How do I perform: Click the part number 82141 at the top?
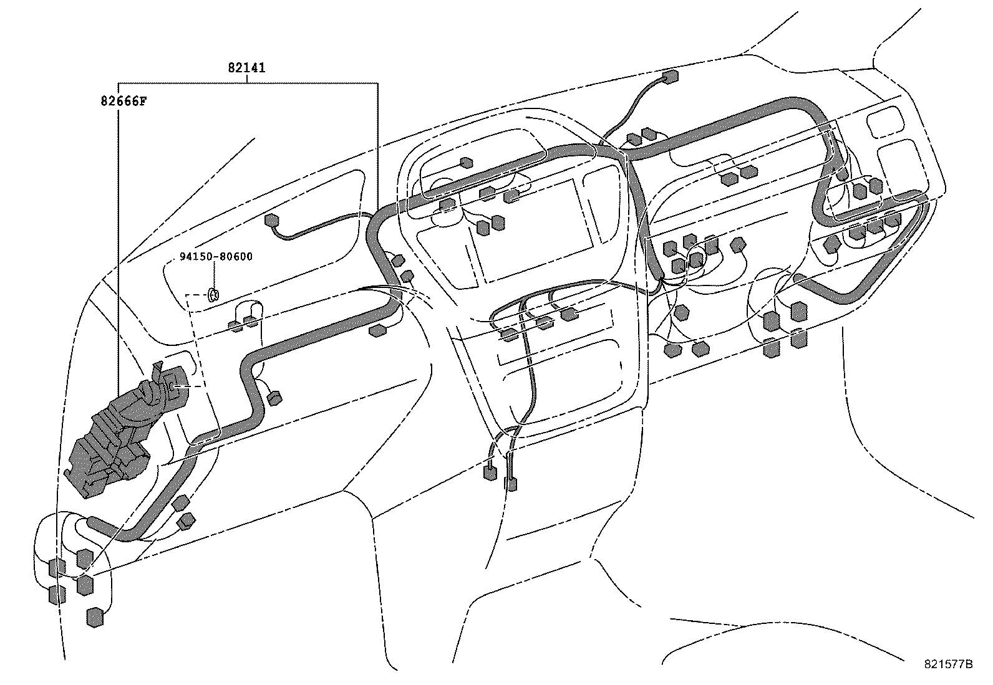tap(246, 68)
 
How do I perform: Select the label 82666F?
tap(124, 100)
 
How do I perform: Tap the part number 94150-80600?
tap(216, 256)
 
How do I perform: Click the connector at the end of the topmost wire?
tap(671, 77)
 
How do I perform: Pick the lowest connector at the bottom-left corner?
tap(95, 617)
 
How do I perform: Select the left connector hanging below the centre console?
tap(490, 472)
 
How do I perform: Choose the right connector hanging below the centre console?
tap(511, 483)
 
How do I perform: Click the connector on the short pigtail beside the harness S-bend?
tap(273, 397)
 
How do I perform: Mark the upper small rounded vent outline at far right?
tap(884, 122)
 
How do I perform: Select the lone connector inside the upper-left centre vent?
tap(466, 163)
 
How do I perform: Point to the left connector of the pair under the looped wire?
tap(235, 325)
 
